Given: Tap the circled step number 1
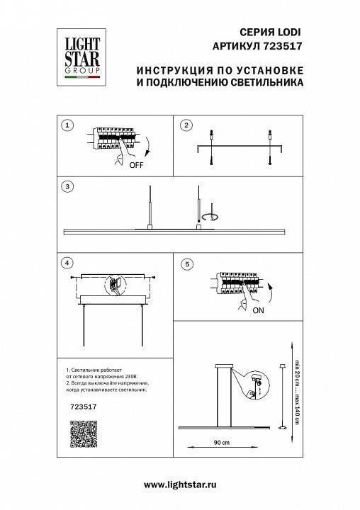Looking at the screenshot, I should pos(67,125).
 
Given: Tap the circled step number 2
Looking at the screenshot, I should pos(186,125).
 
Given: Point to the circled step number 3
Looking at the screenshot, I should pos(67,187).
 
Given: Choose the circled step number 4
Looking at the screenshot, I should pos(67,263).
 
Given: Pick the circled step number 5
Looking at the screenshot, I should pos(186,264).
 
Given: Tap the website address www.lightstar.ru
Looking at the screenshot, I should pos(180,484).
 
